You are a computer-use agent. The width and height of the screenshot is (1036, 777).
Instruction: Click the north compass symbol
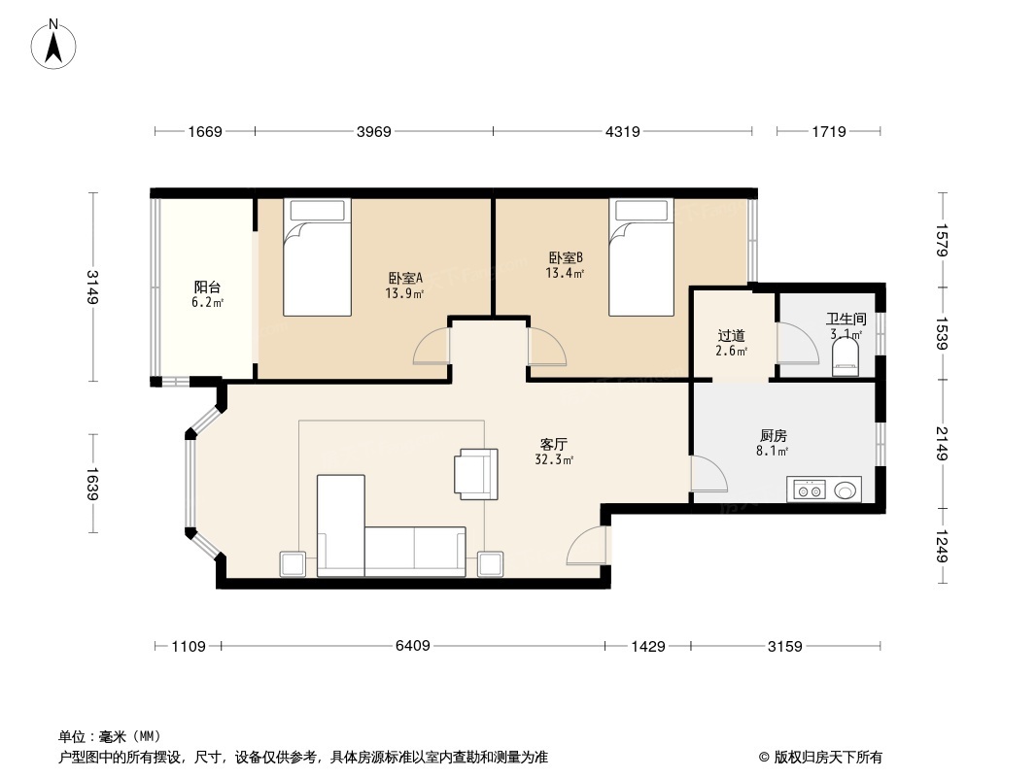pos(53,45)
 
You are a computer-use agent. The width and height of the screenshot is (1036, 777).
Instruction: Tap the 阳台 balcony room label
pos(207,287)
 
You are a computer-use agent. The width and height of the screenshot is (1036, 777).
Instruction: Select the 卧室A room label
pos(405,279)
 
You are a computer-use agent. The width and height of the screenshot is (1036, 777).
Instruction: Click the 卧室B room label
pos(566,257)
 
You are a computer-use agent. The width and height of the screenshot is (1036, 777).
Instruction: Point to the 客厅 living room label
pos(554,444)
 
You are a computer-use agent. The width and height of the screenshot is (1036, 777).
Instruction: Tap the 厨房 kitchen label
pos(773,436)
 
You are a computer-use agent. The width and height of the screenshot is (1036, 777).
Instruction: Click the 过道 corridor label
pos(731,336)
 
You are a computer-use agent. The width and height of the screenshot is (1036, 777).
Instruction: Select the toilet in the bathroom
pos(846,356)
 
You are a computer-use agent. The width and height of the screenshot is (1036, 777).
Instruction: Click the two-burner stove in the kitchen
pos(810,490)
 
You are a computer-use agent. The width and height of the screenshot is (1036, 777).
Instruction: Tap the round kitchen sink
pos(846,490)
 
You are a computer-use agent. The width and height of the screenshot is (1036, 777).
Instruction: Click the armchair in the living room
pos(475,473)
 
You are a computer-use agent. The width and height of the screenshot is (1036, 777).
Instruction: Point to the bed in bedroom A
pos(317,256)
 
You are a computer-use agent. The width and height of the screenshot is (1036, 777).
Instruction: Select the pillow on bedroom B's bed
pos(640,211)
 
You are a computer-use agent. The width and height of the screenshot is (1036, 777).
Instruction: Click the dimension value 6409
pos(412,646)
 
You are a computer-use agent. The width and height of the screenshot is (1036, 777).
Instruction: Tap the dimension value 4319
pos(622,131)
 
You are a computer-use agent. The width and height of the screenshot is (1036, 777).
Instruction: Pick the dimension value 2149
pos(942,444)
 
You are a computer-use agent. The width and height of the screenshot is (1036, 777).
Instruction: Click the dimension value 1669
pos(205,131)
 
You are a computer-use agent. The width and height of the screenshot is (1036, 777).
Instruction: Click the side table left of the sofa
pos(292,564)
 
